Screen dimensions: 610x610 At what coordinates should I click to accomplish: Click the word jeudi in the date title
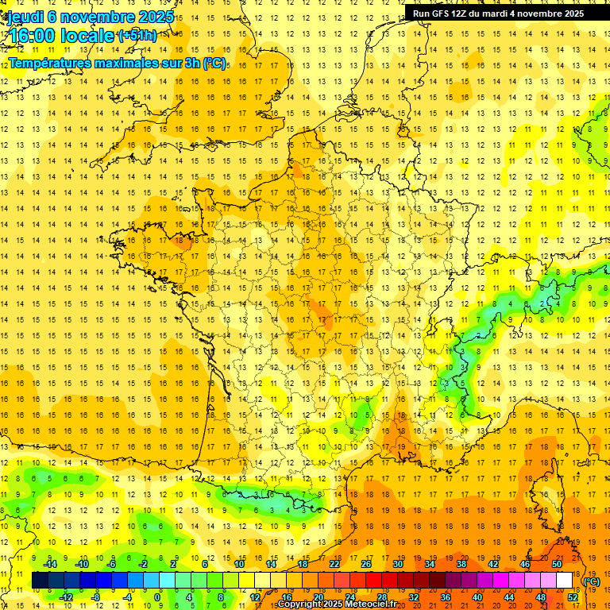pos(25,17)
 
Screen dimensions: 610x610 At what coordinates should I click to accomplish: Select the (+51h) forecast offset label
pos(137,36)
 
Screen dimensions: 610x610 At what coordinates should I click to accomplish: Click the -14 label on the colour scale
pos(50,564)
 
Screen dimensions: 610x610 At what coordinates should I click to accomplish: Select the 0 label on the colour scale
pos(157,597)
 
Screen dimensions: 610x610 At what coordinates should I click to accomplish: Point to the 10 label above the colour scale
pos(240,564)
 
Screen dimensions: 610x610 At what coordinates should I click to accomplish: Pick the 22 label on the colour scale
pos(334,564)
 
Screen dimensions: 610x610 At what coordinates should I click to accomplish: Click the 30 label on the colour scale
pos(397,564)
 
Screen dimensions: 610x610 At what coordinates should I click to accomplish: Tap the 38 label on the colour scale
pos(461,564)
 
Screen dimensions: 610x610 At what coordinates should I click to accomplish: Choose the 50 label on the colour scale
pos(556,564)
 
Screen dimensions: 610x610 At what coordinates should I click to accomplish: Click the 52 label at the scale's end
pos(573,597)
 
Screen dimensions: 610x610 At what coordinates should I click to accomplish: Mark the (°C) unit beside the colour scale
pos(591,581)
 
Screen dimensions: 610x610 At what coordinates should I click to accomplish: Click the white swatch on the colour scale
pos(565,581)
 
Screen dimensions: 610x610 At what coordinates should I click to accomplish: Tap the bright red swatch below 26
pos(373,581)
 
